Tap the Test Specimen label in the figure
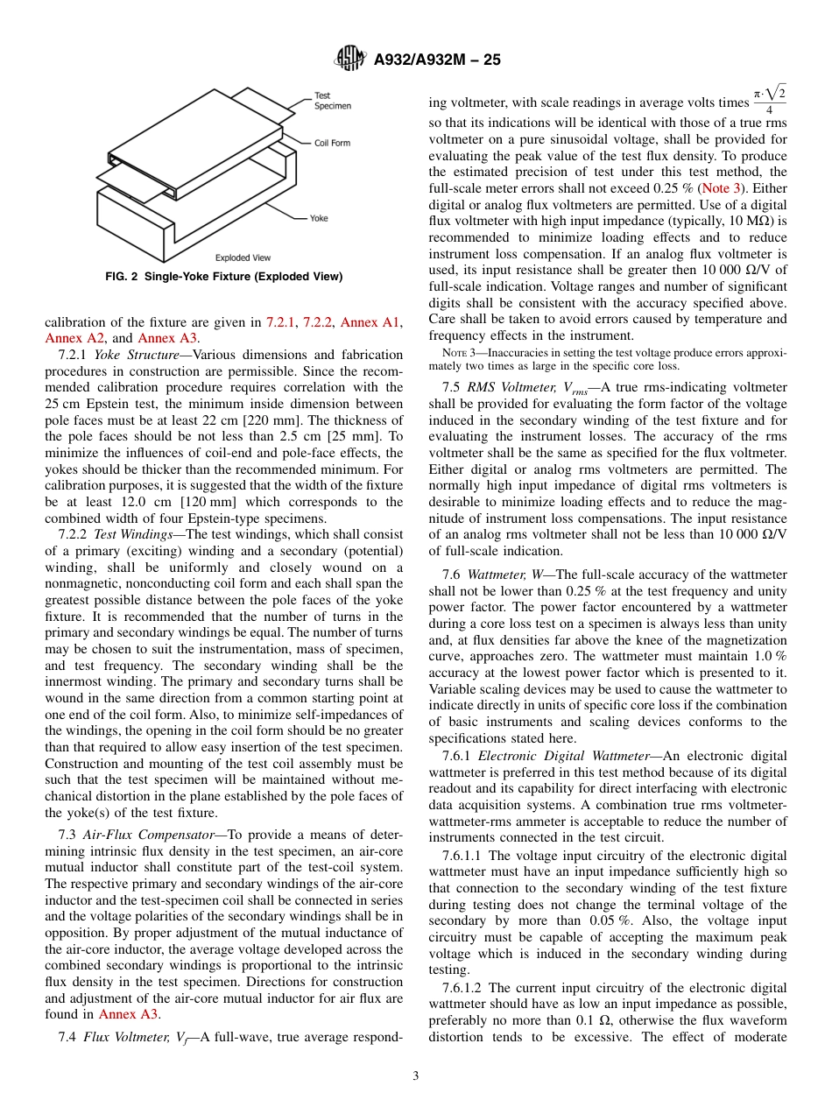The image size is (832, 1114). click(332, 101)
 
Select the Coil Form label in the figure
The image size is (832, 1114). click(332, 142)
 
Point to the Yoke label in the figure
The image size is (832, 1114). click(319, 218)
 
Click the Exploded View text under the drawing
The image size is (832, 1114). click(243, 257)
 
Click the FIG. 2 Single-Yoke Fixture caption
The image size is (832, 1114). click(223, 277)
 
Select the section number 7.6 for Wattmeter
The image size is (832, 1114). click(451, 575)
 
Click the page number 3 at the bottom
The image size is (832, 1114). click(416, 1076)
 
